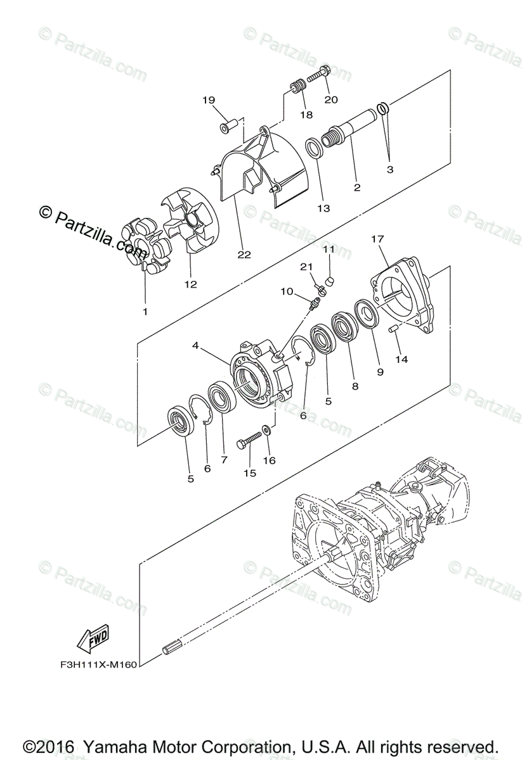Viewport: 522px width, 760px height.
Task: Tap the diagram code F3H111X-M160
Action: (x=95, y=666)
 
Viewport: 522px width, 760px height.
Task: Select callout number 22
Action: (x=244, y=255)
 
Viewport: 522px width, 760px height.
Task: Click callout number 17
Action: (x=378, y=239)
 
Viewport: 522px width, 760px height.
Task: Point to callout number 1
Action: (x=145, y=312)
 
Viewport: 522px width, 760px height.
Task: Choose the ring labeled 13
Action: (x=313, y=149)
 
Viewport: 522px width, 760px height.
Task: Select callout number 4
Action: (x=196, y=346)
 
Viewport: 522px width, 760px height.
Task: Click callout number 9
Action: (x=380, y=372)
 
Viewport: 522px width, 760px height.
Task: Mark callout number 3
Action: (x=390, y=169)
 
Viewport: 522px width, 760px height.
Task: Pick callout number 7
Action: (x=224, y=460)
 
